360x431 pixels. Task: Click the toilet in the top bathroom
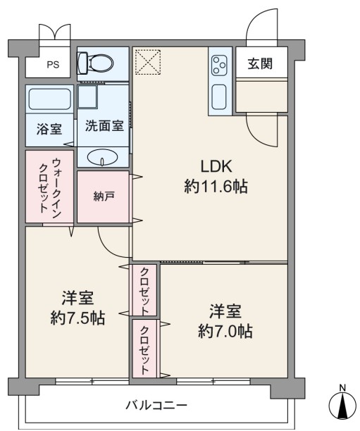click(x=95, y=63)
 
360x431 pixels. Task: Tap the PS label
click(x=53, y=65)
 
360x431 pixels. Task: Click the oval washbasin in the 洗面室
click(x=102, y=158)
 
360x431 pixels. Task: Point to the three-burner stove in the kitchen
click(x=220, y=65)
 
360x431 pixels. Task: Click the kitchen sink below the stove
click(x=220, y=96)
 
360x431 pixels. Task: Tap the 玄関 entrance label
click(x=260, y=64)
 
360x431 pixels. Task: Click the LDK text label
click(x=216, y=166)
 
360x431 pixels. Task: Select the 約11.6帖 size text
click(x=216, y=187)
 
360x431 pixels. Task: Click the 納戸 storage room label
click(x=104, y=196)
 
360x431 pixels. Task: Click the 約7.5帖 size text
click(x=77, y=318)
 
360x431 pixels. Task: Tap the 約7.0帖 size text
click(x=225, y=331)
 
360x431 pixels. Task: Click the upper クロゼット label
click(x=144, y=292)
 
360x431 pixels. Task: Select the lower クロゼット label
click(x=145, y=350)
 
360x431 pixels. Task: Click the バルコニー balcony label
click(x=156, y=405)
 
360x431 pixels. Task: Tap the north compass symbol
click(x=342, y=406)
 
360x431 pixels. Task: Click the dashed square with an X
click(x=148, y=62)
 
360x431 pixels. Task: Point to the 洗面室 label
click(x=104, y=126)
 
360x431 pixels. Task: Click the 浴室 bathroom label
click(x=49, y=129)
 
